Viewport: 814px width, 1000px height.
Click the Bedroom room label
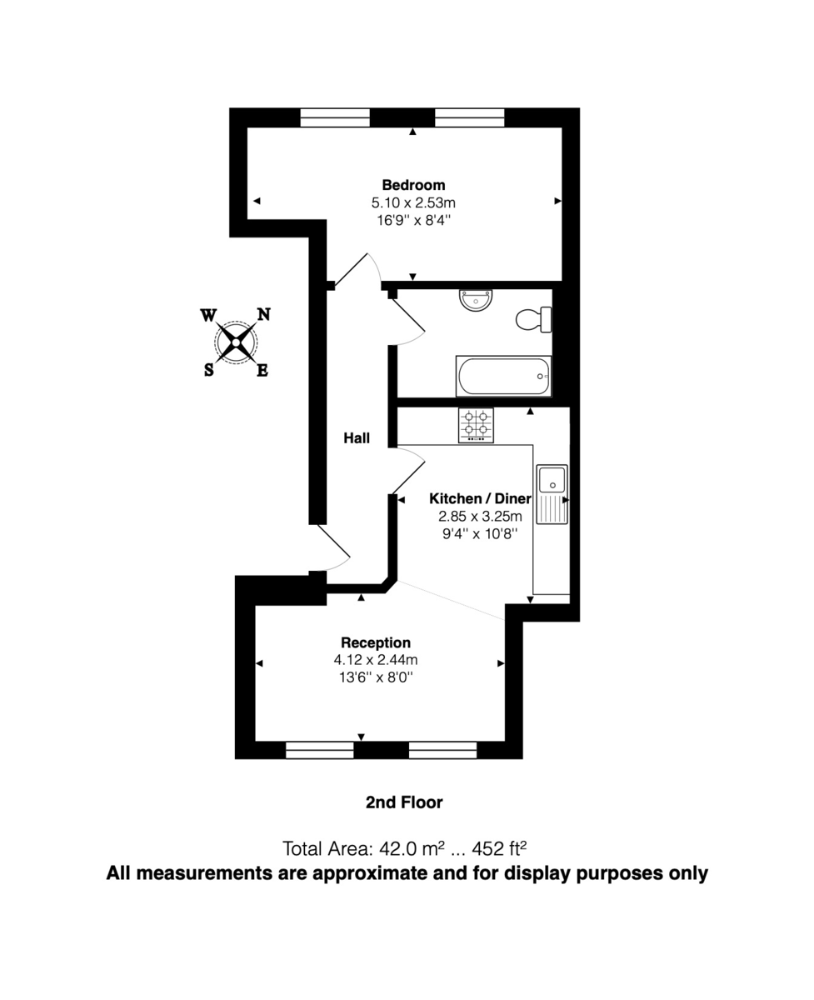pyautogui.click(x=413, y=185)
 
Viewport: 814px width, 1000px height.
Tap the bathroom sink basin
pyautogui.click(x=477, y=300)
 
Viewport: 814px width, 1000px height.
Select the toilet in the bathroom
pyautogui.click(x=534, y=319)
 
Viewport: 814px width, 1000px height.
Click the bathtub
pyautogui.click(x=503, y=377)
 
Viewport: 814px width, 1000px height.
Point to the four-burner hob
pyautogui.click(x=476, y=424)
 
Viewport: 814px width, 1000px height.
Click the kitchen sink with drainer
pyautogui.click(x=552, y=494)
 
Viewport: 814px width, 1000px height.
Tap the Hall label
pyautogui.click(x=357, y=438)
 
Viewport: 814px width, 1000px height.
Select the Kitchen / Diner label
pyautogui.click(x=480, y=498)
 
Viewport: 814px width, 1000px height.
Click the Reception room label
pyautogui.click(x=376, y=642)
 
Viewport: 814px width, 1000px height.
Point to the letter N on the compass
pyautogui.click(x=263, y=314)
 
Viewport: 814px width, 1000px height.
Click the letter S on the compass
pyautogui.click(x=208, y=370)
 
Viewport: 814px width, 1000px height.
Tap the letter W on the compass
pyautogui.click(x=208, y=315)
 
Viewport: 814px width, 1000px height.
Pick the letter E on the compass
pyautogui.click(x=262, y=371)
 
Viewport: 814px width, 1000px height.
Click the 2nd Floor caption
pyautogui.click(x=404, y=802)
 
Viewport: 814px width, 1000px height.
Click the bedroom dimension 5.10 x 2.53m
pyautogui.click(x=413, y=202)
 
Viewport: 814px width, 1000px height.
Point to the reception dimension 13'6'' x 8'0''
pyautogui.click(x=376, y=677)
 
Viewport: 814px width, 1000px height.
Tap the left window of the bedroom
pyautogui.click(x=335, y=117)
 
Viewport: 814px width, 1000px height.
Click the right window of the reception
pyautogui.click(x=442, y=750)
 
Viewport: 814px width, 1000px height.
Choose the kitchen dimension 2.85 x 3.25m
pyautogui.click(x=480, y=516)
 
